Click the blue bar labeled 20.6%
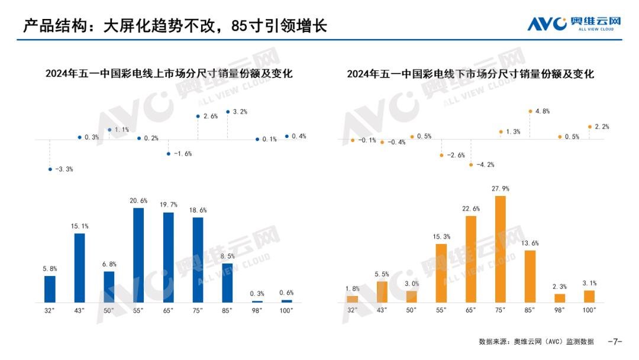click(x=138, y=255)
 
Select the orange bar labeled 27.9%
click(x=500, y=249)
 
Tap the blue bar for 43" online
click(x=79, y=268)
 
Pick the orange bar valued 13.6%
click(x=530, y=276)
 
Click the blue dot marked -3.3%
click(x=50, y=169)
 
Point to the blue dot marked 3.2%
click(x=228, y=111)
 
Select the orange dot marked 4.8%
click(x=530, y=111)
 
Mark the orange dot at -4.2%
click(x=471, y=165)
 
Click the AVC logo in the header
click(x=574, y=24)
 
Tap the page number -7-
click(x=615, y=342)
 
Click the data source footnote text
click(x=536, y=342)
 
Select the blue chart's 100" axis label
click(x=287, y=310)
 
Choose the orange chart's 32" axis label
click(x=353, y=310)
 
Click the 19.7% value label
click(x=168, y=205)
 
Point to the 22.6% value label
click(x=471, y=208)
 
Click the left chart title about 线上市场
click(x=169, y=74)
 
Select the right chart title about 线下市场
click(x=470, y=74)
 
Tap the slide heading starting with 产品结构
click(x=175, y=26)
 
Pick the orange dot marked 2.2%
click(x=589, y=126)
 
